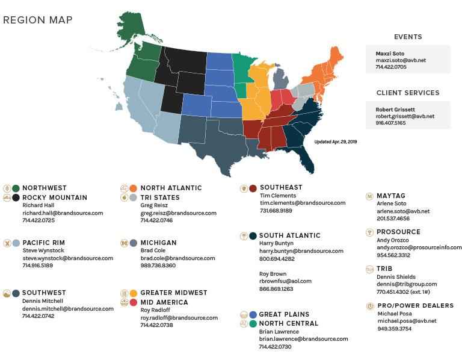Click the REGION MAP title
coord(38,20)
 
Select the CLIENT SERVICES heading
coord(407,93)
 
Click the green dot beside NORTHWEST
coord(16,188)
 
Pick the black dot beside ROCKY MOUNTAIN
coord(16,197)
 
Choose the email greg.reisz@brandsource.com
coord(179,213)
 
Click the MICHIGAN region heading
coord(158,243)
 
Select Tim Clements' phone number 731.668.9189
coord(277,211)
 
